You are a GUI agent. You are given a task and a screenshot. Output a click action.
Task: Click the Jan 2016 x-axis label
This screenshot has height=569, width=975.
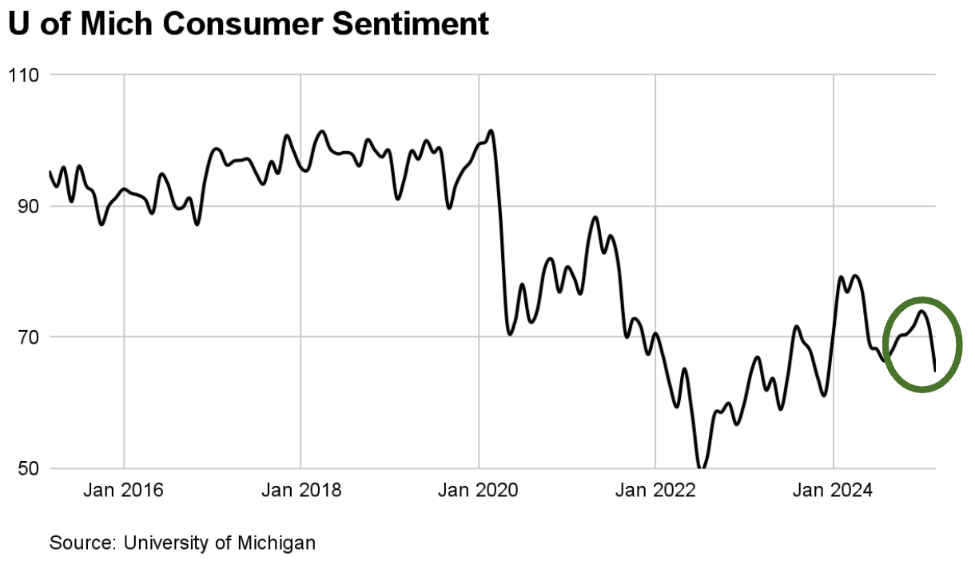[x=124, y=490]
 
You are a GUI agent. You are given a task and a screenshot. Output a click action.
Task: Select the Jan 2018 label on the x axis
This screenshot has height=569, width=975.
[x=301, y=490]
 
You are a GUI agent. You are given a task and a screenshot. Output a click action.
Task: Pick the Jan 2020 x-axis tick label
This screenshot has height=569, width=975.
[x=479, y=490]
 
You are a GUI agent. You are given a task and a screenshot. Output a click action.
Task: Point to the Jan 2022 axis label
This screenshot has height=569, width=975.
[x=655, y=490]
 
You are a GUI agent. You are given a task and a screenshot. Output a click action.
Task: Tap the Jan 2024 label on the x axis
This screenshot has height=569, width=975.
[x=833, y=490]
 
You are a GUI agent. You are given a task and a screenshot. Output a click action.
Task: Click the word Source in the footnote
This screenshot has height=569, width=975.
[x=81, y=543]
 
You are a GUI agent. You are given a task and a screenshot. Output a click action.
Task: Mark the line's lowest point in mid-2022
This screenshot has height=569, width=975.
[x=701, y=468]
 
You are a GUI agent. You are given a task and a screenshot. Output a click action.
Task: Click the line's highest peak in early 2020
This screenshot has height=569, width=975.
[x=490, y=130]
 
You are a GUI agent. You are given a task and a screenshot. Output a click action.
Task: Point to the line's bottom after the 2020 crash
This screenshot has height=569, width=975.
[x=510, y=332]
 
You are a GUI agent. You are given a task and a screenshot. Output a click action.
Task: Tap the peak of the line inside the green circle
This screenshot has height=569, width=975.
[x=921, y=311]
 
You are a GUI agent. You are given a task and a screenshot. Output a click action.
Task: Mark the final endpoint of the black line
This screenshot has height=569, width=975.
[x=934, y=370]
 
